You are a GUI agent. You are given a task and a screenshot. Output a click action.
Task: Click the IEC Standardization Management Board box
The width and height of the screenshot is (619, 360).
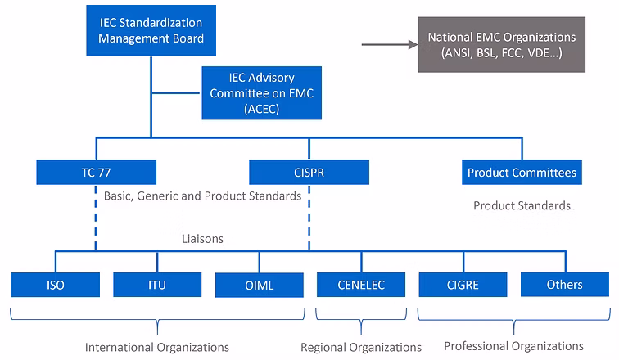[151, 29]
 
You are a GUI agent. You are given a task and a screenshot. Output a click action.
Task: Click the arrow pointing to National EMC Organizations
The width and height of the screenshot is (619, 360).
[388, 45]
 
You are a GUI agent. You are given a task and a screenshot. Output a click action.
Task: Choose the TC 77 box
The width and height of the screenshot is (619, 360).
[97, 173]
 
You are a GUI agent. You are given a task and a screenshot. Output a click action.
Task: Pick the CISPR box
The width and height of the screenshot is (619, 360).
[309, 173]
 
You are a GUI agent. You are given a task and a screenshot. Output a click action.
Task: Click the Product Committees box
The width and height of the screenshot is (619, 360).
[522, 173]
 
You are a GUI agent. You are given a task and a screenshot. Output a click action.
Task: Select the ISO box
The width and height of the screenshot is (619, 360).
[56, 285]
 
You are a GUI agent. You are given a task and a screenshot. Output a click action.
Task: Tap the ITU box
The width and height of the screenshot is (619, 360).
[157, 285]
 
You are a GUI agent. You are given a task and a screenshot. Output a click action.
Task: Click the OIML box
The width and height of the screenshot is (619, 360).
[259, 285]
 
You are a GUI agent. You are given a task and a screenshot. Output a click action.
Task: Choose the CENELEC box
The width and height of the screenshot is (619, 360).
[361, 285]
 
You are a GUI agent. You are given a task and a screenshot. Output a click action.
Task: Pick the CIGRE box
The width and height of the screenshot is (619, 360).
[463, 285]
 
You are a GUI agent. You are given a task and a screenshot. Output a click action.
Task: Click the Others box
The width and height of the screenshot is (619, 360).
[564, 285]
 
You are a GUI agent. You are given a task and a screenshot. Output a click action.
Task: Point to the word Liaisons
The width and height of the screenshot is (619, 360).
[203, 239]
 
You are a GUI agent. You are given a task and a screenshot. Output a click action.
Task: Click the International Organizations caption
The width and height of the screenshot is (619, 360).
[157, 347]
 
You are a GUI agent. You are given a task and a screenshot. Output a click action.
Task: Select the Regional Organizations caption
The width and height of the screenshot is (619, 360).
[361, 347]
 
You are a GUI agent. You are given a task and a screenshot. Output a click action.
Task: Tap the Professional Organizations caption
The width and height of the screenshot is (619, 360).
[513, 345]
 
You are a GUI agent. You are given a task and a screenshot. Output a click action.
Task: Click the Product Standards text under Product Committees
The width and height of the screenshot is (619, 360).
[522, 205]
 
